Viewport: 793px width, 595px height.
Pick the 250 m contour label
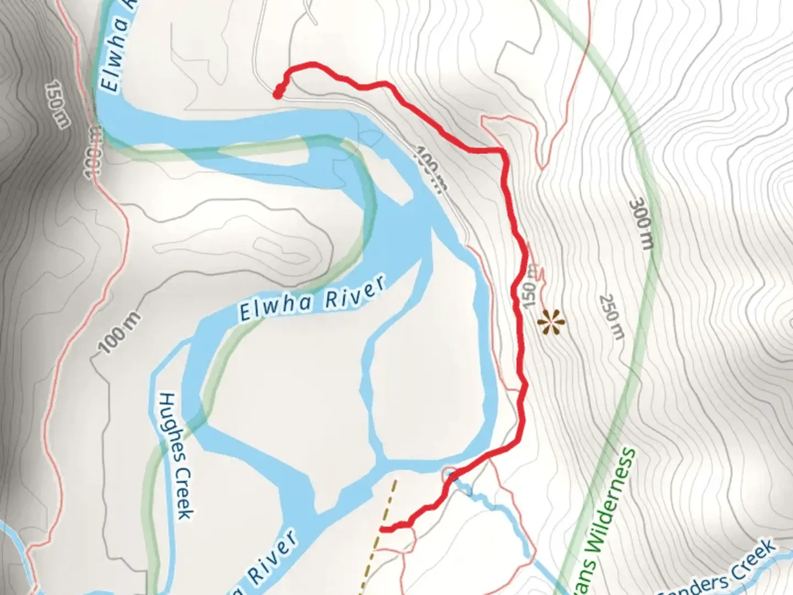[x=612, y=317]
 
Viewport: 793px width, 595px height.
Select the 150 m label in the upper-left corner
[x=57, y=104]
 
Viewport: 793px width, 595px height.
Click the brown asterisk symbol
[x=551, y=322]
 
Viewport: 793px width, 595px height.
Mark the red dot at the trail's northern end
[x=278, y=94]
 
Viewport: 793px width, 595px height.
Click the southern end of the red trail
[x=382, y=529]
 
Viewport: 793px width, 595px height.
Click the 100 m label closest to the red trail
[x=431, y=169]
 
